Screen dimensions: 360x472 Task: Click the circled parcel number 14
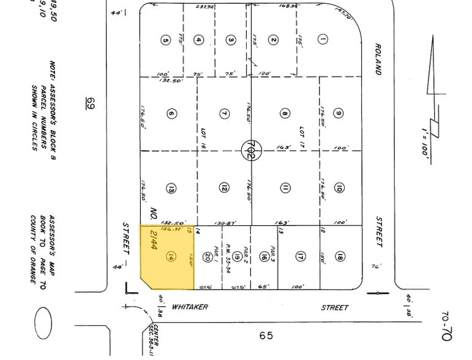click(171, 258)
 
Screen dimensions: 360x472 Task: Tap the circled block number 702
click(249, 148)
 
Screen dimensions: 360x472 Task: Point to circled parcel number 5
click(165, 40)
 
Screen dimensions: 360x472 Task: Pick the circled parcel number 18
click(340, 257)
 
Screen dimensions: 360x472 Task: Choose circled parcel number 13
click(171, 189)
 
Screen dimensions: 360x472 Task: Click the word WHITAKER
click(191, 308)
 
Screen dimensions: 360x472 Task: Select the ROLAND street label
click(378, 59)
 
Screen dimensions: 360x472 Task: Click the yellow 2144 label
click(154, 244)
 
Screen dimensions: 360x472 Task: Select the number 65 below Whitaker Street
click(266, 336)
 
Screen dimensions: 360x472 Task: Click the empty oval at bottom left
click(45, 321)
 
